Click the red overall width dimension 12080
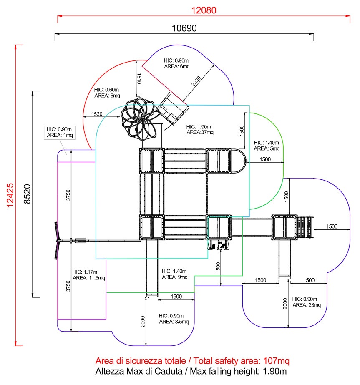point(204,10)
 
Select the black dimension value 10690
point(184,28)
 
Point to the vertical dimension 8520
point(27,194)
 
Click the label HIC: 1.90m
point(199,127)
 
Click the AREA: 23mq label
point(307,305)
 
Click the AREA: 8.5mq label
point(174,321)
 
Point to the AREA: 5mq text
point(267,148)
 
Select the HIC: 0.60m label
point(107,90)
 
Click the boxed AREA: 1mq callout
point(59,135)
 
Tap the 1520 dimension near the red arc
point(97,113)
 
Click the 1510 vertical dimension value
point(140,79)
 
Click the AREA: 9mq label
point(174,277)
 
